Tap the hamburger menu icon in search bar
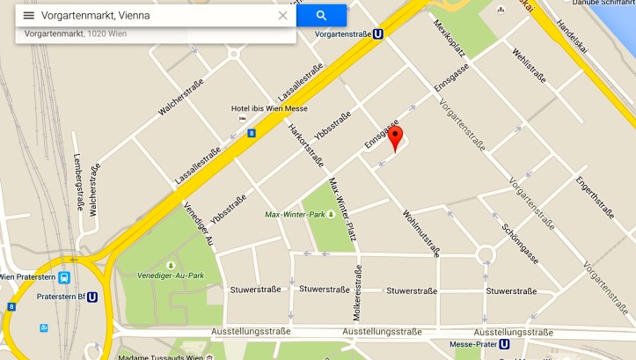pos(28,16)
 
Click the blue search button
pos(321,16)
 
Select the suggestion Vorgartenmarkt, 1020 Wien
pos(76,33)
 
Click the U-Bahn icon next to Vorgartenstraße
pos(377,34)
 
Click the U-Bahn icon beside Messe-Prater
pos(504,344)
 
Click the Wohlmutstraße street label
pos(421,232)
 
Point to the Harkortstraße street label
pos(307,146)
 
